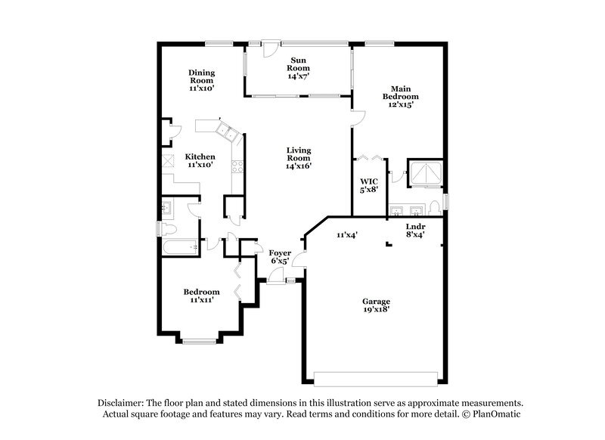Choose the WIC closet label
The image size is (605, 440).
pyautogui.click(x=368, y=181)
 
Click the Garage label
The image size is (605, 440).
pyautogui.click(x=376, y=301)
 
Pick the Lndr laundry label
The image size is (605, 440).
pyautogui.click(x=415, y=225)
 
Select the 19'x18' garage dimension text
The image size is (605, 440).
pyautogui.click(x=376, y=310)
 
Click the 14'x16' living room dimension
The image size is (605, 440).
pyautogui.click(x=299, y=166)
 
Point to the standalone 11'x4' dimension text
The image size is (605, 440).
pyautogui.click(x=346, y=235)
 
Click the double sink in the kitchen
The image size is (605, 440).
pyautogui.click(x=227, y=136)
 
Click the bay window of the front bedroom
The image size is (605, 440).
pyautogui.click(x=200, y=342)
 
